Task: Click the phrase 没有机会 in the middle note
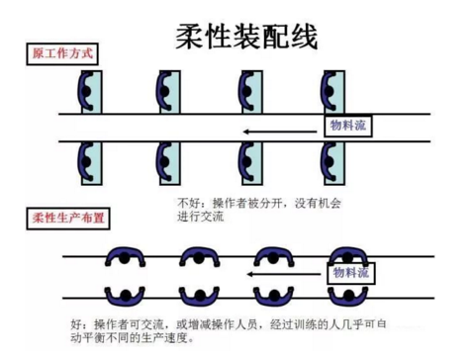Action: point(314,204)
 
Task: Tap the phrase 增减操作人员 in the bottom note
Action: point(214,324)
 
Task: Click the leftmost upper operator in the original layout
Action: point(86,92)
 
